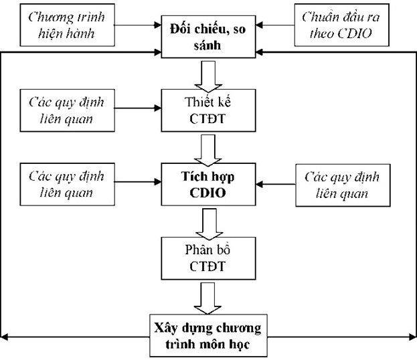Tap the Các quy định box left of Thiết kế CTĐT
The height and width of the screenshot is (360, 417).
point(66,111)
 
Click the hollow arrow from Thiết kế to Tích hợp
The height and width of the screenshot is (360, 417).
point(207,147)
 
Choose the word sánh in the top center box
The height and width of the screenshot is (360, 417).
point(207,44)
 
